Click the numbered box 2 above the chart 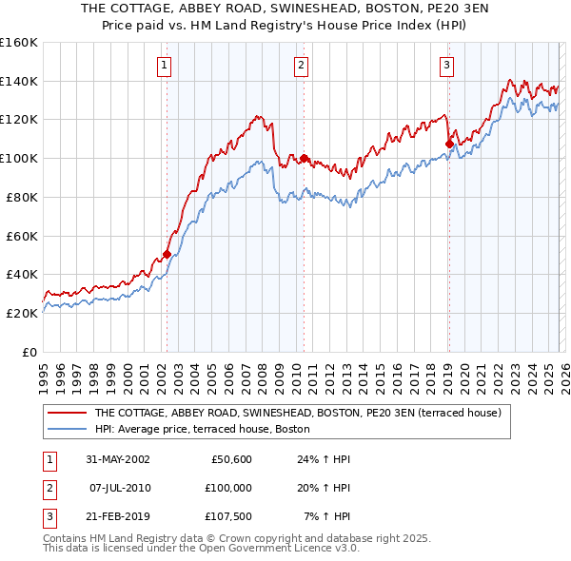[301, 66]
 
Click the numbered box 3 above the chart [446, 66]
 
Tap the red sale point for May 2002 [167, 254]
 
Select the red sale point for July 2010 [304, 158]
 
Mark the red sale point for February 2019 [449, 145]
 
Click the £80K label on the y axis [21, 197]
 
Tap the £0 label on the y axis [30, 352]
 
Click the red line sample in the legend [68, 414]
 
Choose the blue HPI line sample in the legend [68, 429]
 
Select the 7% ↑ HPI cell [326, 517]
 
